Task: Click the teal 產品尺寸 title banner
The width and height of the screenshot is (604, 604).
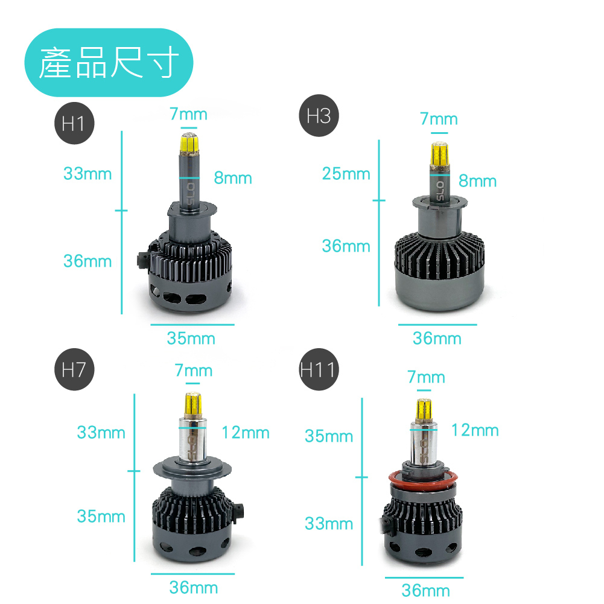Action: [109, 62]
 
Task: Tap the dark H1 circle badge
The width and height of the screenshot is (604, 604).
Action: [74, 123]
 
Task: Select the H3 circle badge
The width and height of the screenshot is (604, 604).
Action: [319, 116]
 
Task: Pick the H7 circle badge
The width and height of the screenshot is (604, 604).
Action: [74, 369]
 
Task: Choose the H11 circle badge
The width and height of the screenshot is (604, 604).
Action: [319, 369]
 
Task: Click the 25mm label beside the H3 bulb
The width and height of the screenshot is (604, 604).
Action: [346, 174]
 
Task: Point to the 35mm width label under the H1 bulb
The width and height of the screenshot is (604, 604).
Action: [191, 339]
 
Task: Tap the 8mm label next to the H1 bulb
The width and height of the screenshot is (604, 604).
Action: [233, 178]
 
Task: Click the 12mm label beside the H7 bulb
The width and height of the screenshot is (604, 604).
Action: [246, 433]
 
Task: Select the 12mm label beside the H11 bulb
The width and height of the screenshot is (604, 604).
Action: [475, 430]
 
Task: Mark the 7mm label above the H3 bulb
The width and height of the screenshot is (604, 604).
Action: [439, 119]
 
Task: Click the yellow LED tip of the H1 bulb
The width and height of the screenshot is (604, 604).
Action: [189, 143]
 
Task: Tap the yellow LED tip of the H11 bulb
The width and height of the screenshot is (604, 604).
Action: [424, 410]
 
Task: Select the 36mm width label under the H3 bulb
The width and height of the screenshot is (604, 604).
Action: [437, 339]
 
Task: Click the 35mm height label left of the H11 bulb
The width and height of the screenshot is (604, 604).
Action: [329, 436]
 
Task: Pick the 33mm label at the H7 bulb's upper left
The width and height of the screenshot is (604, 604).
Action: [101, 433]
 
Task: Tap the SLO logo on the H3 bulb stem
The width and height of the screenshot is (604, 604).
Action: [439, 191]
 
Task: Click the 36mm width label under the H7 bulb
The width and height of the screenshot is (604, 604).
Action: [193, 588]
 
